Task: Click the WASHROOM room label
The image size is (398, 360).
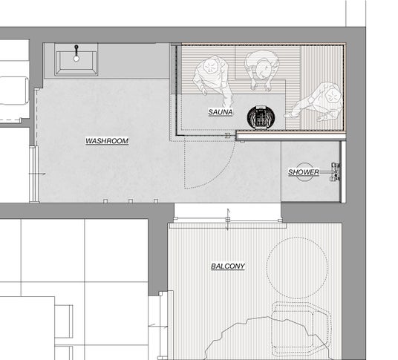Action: pyautogui.click(x=107, y=141)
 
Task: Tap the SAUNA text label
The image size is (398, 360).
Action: pyautogui.click(x=221, y=112)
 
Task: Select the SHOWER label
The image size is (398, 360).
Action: pyautogui.click(x=304, y=172)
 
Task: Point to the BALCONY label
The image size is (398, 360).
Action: pyautogui.click(x=228, y=266)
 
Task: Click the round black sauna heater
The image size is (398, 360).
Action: pyautogui.click(x=261, y=117)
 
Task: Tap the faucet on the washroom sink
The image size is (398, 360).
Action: pyautogui.click(x=76, y=53)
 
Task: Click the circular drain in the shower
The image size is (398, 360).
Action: pyautogui.click(x=304, y=172)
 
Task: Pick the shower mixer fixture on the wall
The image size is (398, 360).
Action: pyautogui.click(x=336, y=172)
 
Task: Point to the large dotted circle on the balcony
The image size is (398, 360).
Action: pyautogui.click(x=297, y=268)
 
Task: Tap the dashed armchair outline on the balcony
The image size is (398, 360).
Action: pyautogui.click(x=301, y=329)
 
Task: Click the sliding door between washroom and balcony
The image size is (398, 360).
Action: pyautogui.click(x=227, y=220)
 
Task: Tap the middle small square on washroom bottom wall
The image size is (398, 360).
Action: pyautogui.click(x=131, y=201)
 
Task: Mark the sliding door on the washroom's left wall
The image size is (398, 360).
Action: pyautogui.click(x=34, y=174)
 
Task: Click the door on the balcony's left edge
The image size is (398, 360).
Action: pyautogui.click(x=163, y=324)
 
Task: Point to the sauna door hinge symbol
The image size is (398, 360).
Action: pyautogui.click(x=228, y=136)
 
